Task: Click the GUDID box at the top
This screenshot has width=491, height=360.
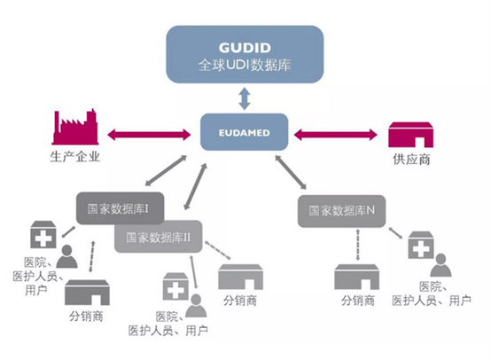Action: (245, 54)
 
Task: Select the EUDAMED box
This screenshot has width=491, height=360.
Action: (245, 132)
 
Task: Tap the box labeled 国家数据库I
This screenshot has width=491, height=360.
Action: (121, 208)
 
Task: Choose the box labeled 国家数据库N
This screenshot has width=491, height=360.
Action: (341, 211)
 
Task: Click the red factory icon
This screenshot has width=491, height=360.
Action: (75, 127)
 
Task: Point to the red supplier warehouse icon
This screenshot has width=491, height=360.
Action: (411, 135)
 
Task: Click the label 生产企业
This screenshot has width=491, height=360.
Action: (74, 156)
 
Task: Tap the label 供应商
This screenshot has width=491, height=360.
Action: (411, 160)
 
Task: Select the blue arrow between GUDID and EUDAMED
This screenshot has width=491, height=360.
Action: (245, 98)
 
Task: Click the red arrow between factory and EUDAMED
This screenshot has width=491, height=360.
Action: (149, 135)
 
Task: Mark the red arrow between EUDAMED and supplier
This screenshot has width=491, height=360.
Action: (336, 135)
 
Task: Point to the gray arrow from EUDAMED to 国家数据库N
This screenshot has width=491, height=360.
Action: (291, 172)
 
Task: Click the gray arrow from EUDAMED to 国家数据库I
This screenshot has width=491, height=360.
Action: (166, 171)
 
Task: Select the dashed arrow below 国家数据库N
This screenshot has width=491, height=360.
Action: (358, 245)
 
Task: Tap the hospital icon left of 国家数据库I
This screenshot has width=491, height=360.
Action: (43, 235)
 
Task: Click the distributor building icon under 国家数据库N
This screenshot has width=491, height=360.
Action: (356, 277)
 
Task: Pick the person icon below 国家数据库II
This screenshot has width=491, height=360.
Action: (196, 306)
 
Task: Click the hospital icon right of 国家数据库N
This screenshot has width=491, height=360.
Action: (421, 245)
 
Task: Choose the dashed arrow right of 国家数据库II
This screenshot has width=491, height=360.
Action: (218, 250)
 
